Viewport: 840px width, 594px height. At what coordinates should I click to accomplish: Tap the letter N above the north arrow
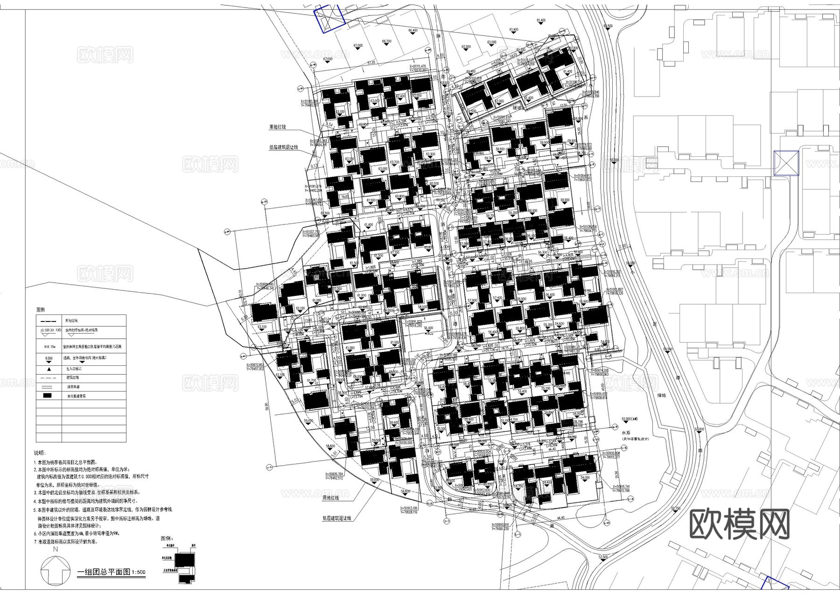pyautogui.click(x=56, y=550)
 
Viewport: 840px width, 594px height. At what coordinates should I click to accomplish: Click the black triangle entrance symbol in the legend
pyautogui.click(x=49, y=369)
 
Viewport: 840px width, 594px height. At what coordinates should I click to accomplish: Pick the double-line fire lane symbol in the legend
pyautogui.click(x=49, y=387)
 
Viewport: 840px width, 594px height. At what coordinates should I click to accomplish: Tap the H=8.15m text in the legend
pyautogui.click(x=49, y=347)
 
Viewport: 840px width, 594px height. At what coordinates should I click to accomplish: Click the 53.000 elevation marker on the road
pyautogui.click(x=699, y=428)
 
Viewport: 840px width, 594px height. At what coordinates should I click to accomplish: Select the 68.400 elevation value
pyautogui.click(x=413, y=30)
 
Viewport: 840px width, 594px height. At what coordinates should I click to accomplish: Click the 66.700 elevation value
pyautogui.click(x=386, y=42)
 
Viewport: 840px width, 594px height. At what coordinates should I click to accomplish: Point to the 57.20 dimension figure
pyautogui.click(x=371, y=62)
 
